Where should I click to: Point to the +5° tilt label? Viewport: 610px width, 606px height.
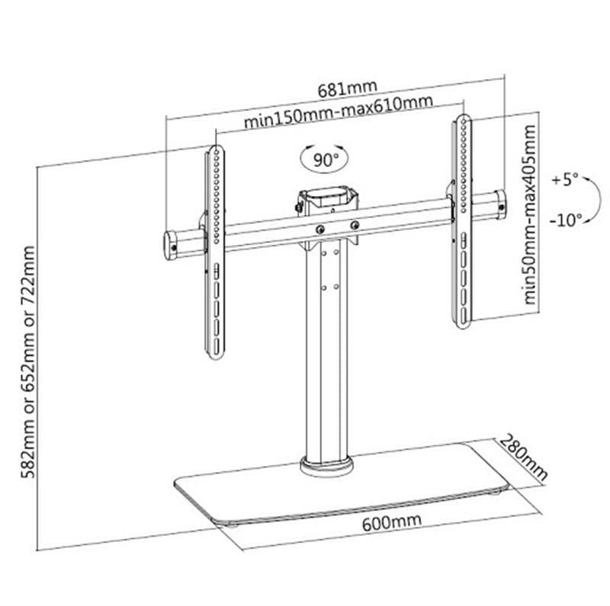pyautogui.click(x=565, y=181)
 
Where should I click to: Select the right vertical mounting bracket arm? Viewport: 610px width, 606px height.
pyautogui.click(x=462, y=221)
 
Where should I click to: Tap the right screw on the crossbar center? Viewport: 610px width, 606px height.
pyautogui.click(x=355, y=224)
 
